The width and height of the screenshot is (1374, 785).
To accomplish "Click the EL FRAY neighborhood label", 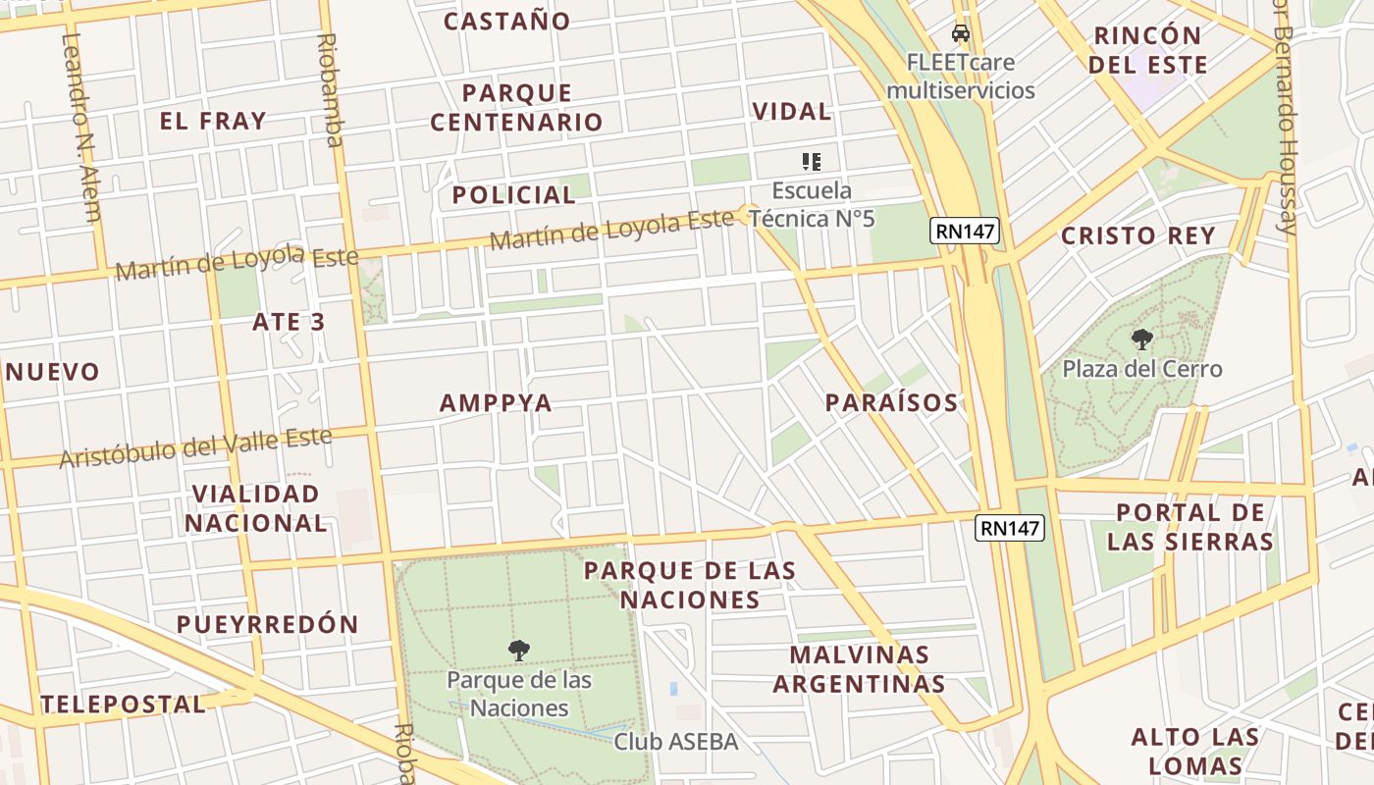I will tap(213, 121).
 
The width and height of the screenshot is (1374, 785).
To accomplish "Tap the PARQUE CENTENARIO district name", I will tap(516, 108).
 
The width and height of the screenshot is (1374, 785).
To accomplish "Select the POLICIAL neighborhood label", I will tap(513, 194).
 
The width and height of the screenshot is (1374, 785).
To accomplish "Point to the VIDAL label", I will tap(792, 111).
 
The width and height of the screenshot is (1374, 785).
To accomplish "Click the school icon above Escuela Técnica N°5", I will tap(811, 161).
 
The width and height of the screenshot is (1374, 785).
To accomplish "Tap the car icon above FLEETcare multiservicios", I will tap(961, 33).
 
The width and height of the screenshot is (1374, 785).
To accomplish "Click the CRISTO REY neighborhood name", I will tap(1138, 235).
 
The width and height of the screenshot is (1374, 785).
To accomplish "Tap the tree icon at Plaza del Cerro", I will tap(1141, 340).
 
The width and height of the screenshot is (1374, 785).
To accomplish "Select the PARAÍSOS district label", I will tap(891, 402).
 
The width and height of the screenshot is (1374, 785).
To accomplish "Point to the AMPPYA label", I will tap(496, 402).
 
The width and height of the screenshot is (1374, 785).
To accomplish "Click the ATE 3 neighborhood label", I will tap(289, 322).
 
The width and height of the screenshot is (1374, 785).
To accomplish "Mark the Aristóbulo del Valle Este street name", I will tap(196, 447).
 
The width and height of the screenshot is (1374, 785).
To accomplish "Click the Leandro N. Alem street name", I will tap(79, 128).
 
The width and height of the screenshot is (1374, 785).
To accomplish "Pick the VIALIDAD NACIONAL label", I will tap(256, 508).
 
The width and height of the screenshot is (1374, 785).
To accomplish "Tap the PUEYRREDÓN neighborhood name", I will tap(268, 624).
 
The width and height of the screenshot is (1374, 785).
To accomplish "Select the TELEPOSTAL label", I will tap(124, 704).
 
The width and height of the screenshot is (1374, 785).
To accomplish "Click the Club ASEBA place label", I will tap(675, 742).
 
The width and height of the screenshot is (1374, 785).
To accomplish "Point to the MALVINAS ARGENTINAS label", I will tap(860, 669).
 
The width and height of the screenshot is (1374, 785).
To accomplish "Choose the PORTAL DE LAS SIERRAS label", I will tap(1190, 527).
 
